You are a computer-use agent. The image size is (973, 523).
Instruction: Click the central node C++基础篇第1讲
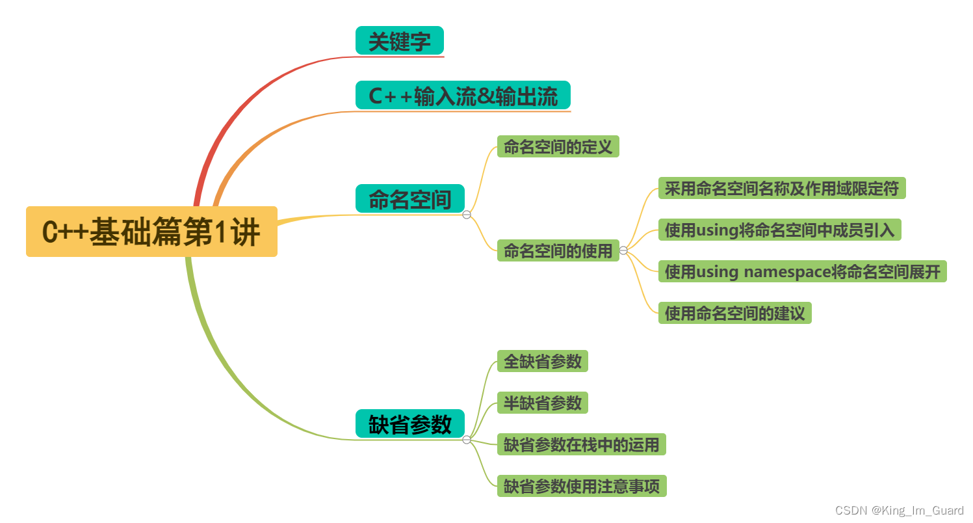[x=151, y=232]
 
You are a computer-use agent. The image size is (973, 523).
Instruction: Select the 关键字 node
[x=399, y=41]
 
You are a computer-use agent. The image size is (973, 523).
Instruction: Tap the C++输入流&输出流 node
[x=463, y=96]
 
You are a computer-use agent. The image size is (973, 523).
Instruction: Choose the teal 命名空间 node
[x=409, y=198]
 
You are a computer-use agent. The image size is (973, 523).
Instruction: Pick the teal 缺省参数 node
[x=409, y=423]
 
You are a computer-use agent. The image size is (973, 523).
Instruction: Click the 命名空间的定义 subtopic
[x=558, y=146]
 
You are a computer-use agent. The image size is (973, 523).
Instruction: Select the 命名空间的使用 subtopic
[x=558, y=250]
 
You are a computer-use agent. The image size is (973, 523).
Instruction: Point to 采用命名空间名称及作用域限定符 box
[x=781, y=188]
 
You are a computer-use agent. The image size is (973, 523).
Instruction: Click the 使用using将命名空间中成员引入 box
[x=779, y=230]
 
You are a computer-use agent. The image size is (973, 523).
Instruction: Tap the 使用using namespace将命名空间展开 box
[x=802, y=271]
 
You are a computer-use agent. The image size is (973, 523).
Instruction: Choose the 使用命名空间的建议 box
[x=734, y=313]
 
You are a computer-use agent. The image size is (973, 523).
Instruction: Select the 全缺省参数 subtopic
[x=542, y=361]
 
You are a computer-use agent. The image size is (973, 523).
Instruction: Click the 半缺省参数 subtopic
[x=542, y=403]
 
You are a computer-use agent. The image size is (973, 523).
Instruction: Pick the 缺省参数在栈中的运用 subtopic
[x=581, y=445]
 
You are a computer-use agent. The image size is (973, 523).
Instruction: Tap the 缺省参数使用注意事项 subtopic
[x=581, y=486]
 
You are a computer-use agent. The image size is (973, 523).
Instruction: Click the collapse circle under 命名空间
[x=467, y=215]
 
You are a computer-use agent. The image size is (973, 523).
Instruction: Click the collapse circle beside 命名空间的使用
[x=623, y=250]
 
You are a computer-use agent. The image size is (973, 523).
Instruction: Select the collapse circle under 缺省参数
[x=467, y=440]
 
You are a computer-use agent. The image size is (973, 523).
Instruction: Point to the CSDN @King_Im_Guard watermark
[x=899, y=511]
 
